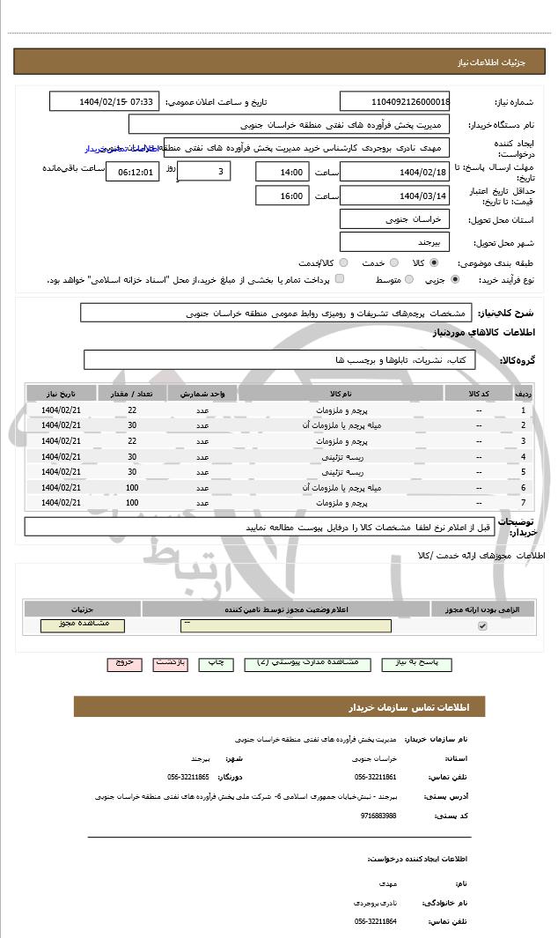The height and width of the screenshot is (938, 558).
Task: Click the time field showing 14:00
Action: pos(282,172)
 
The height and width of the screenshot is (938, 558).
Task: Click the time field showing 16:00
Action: pos(282,196)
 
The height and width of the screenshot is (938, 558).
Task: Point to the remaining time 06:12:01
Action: pos(132,172)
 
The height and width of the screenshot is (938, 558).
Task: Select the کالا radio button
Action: pos(434,262)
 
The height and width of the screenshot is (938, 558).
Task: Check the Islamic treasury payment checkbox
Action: pos(340,279)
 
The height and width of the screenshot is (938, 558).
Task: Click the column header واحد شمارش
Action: pos(202,394)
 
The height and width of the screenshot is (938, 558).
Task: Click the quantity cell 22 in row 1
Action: pos(132,410)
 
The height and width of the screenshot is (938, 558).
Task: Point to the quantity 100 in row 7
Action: pos(132,502)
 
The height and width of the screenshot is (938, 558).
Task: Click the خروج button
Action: pos(124,663)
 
